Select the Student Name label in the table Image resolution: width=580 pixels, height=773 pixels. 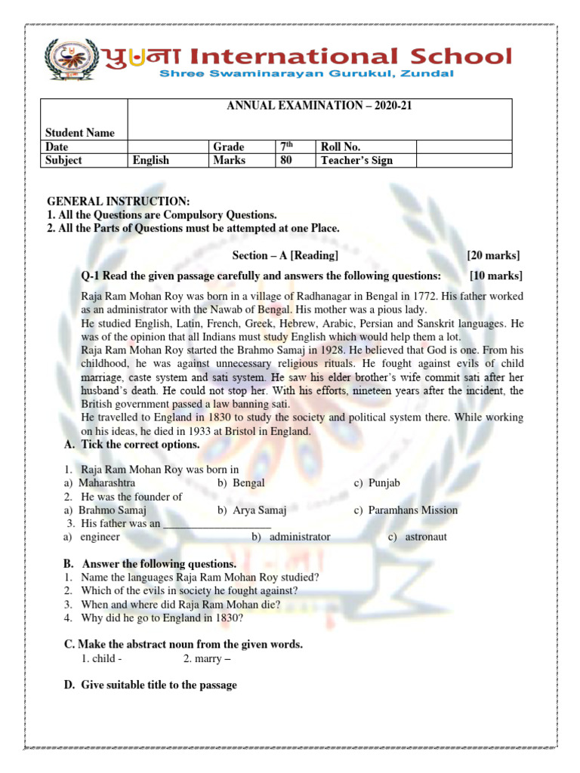tap(80, 133)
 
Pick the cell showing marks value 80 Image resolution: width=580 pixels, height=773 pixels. tap(286, 160)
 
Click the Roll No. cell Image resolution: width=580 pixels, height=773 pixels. tap(341, 146)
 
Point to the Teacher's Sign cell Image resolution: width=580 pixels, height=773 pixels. tap(356, 160)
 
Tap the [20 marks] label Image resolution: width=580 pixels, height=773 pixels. tap(493, 256)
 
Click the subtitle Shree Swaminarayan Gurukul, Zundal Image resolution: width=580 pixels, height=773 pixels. tap(306, 74)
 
